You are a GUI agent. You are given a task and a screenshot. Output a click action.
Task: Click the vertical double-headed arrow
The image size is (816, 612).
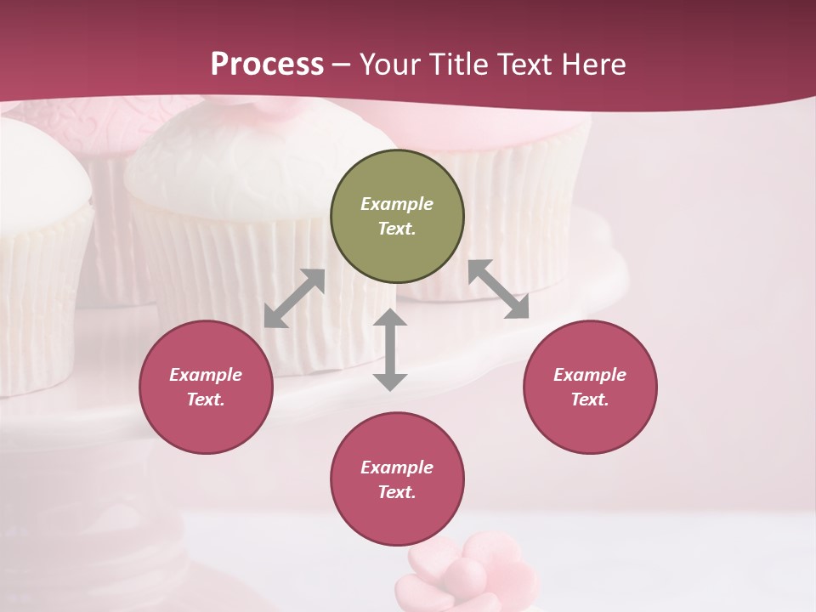[x=390, y=349]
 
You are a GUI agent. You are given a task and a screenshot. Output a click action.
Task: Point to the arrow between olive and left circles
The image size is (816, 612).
[x=294, y=298]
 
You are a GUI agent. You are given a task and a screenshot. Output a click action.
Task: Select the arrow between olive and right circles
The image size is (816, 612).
[x=498, y=289]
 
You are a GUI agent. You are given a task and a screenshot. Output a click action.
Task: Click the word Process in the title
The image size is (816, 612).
[x=267, y=64]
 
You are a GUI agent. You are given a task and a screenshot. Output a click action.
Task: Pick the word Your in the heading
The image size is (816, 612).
[x=390, y=64]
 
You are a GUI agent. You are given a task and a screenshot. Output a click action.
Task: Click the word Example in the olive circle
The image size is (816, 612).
[x=397, y=204]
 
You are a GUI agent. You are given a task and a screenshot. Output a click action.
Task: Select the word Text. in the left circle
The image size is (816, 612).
[x=206, y=399]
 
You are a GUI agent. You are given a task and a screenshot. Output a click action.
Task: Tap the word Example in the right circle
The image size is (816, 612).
[x=590, y=375]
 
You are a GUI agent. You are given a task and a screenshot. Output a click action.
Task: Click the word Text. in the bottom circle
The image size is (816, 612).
[x=397, y=492]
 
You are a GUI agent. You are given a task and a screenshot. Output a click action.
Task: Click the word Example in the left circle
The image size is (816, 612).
[x=206, y=375]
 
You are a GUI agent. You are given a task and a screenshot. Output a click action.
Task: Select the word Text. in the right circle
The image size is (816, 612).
[x=590, y=399]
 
